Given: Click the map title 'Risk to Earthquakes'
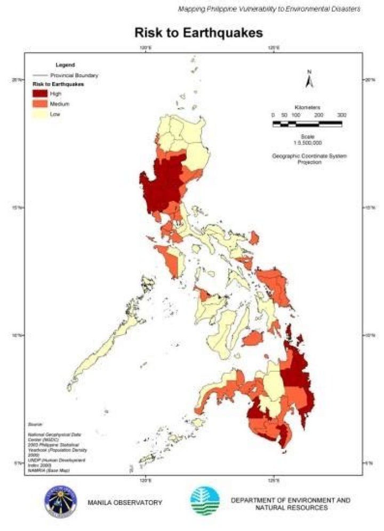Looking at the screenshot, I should click(191, 33).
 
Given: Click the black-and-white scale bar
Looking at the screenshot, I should click(307, 124).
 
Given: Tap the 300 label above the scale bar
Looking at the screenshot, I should click(341, 116).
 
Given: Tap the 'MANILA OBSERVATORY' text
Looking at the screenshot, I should click(125, 502).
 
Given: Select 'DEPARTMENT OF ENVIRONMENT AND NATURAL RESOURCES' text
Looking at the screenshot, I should click(290, 504).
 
